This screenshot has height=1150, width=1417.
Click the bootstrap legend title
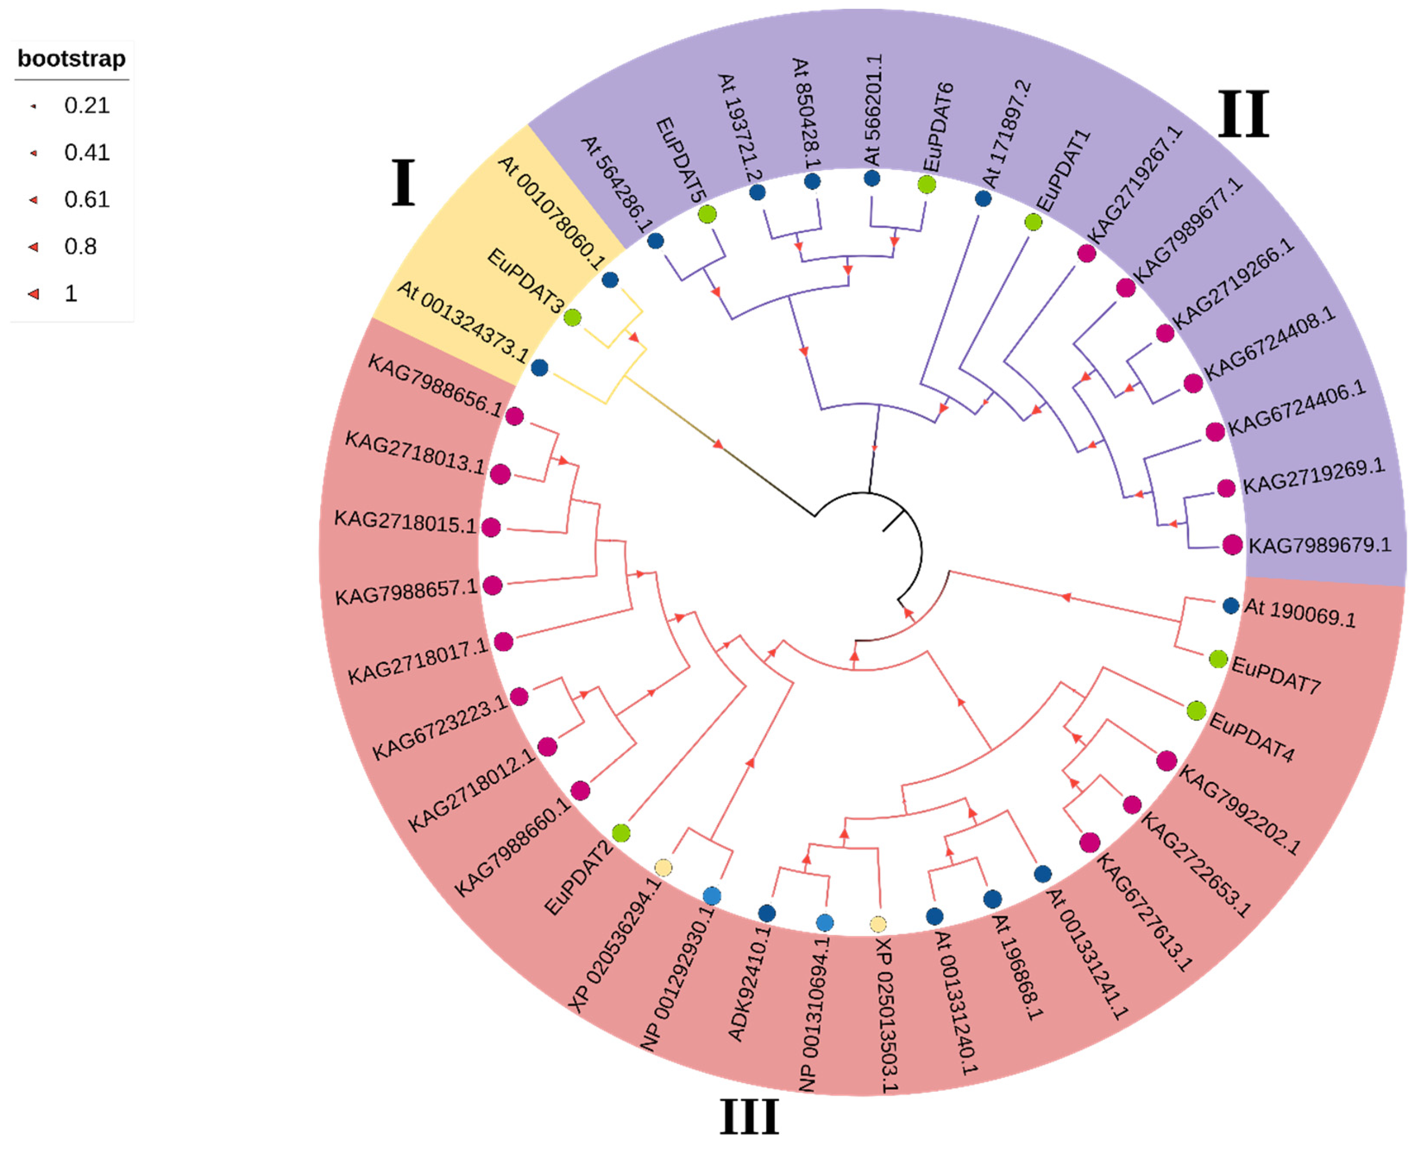[72, 59]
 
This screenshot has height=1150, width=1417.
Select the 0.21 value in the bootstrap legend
[86, 105]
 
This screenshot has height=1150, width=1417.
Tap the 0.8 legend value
[80, 246]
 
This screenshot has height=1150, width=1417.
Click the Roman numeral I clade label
[403, 183]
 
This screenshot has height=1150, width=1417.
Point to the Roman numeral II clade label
[1244, 114]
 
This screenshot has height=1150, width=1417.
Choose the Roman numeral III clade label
[749, 1116]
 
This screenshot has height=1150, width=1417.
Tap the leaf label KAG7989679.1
[1320, 546]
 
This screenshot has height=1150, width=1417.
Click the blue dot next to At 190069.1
[1231, 606]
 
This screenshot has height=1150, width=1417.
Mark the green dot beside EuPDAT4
[1196, 711]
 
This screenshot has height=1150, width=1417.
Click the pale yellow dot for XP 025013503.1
[878, 924]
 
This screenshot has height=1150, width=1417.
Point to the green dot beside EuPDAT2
[621, 833]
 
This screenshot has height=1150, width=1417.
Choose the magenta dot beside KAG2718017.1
[503, 641]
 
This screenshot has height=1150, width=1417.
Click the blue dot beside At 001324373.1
[540, 368]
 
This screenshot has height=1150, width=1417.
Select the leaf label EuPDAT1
[1062, 170]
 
